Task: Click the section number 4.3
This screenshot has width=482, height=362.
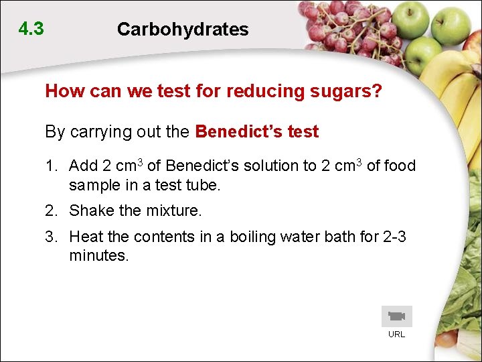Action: [x=31, y=29]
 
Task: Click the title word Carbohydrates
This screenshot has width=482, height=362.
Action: [x=183, y=29]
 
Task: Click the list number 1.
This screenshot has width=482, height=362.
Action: [x=50, y=166]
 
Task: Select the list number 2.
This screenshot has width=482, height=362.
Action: [x=50, y=211]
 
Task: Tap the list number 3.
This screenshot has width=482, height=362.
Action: [x=50, y=237]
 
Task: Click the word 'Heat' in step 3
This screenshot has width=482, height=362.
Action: [x=84, y=237]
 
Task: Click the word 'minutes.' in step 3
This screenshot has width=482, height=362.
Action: [x=98, y=255]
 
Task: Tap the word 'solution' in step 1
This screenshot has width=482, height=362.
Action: [x=275, y=166]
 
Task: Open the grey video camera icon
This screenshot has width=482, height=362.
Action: [x=397, y=316]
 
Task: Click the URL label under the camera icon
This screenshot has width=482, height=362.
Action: [x=397, y=334]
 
